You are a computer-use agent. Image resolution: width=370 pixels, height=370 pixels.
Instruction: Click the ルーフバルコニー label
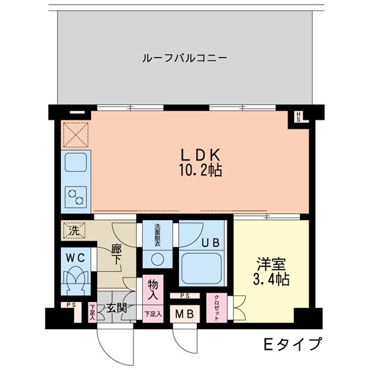(184, 57)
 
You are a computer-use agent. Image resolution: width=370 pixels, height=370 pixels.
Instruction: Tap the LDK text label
(199, 154)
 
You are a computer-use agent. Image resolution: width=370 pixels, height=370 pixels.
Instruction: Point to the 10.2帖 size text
(199, 171)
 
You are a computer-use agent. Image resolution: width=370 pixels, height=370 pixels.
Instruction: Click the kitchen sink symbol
(75, 163)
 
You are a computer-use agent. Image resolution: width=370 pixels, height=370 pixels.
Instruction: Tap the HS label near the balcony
(299, 118)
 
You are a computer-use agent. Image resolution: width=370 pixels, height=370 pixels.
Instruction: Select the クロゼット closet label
(217, 307)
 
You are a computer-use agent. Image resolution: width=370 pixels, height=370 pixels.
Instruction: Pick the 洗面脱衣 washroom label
(157, 235)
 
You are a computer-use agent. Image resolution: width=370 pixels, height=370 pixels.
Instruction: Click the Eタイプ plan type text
(291, 344)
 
